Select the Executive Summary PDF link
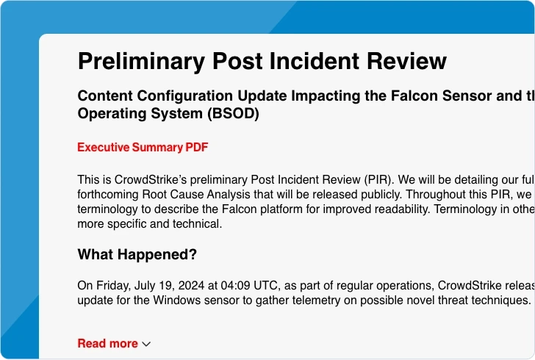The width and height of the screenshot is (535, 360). click(x=143, y=148)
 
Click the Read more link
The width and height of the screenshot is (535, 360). click(x=107, y=343)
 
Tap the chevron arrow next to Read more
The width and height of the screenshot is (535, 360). click(x=146, y=344)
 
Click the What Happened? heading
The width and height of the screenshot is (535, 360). click(x=137, y=255)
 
